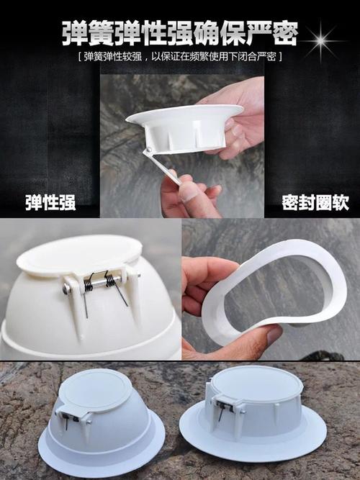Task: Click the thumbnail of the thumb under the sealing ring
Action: point(274,335)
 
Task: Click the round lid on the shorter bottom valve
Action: point(259,384)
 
